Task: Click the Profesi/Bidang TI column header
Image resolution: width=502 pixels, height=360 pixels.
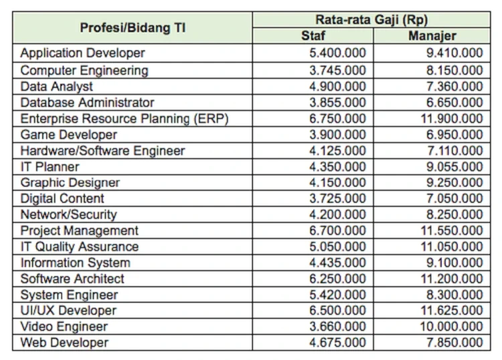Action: (x=133, y=27)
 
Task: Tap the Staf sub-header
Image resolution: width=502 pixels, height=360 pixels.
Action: (x=313, y=35)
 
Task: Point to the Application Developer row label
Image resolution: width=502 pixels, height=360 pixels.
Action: (x=82, y=52)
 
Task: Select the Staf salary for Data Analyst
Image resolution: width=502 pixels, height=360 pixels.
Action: (x=339, y=86)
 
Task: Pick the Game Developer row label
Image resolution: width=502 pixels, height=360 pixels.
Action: (x=68, y=134)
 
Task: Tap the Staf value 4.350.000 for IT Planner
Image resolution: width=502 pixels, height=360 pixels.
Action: (x=339, y=167)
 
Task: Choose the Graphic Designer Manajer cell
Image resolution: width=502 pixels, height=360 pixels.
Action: (x=454, y=183)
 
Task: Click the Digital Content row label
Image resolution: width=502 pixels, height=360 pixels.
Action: (x=62, y=199)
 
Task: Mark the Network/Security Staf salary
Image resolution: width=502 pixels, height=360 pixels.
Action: (x=339, y=215)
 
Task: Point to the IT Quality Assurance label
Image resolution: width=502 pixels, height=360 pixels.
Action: (x=80, y=246)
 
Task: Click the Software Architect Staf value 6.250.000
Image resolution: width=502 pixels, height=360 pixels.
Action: (x=339, y=279)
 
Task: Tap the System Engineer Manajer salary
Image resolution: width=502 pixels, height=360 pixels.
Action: (x=454, y=295)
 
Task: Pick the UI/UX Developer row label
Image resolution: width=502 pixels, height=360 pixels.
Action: (x=68, y=310)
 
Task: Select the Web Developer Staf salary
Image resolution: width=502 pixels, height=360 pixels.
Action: (x=339, y=343)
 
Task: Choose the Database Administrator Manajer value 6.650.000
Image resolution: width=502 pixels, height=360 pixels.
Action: (x=454, y=102)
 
